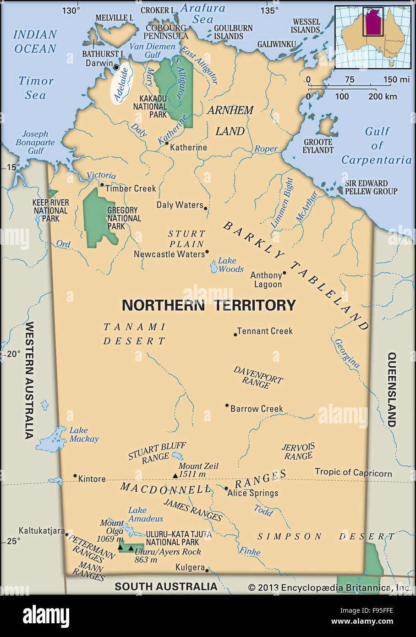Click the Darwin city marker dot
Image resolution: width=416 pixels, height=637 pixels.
pyautogui.click(x=116, y=67)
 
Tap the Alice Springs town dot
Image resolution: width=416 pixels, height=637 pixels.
pyautogui.click(x=226, y=489)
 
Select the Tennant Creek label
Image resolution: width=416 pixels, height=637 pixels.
pyautogui.click(x=265, y=331)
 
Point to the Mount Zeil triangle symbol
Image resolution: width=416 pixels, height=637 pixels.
pyautogui.click(x=175, y=476)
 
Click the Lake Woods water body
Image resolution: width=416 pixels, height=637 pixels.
pyautogui.click(x=214, y=266)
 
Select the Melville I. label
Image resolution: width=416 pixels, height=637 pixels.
pyautogui.click(x=114, y=17)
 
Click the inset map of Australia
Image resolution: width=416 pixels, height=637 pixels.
pyautogui.click(x=373, y=37)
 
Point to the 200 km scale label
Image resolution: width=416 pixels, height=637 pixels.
pyautogui.click(x=383, y=96)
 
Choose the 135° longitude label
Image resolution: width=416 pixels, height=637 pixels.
pyautogui.click(x=269, y=10)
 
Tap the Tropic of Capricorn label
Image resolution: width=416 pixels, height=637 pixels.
pyautogui.click(x=353, y=472)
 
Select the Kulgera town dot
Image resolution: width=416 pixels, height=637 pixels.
pyautogui.click(x=207, y=570)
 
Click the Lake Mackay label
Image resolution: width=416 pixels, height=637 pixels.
pyautogui.click(x=84, y=434)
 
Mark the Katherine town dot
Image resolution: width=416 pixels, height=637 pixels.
pyautogui.click(x=167, y=143)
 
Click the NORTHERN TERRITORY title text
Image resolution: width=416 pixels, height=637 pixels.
pyautogui.click(x=208, y=305)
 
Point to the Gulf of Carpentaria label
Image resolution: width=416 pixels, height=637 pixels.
pyautogui.click(x=377, y=145)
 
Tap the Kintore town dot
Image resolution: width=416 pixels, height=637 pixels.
pyautogui.click(x=75, y=476)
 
